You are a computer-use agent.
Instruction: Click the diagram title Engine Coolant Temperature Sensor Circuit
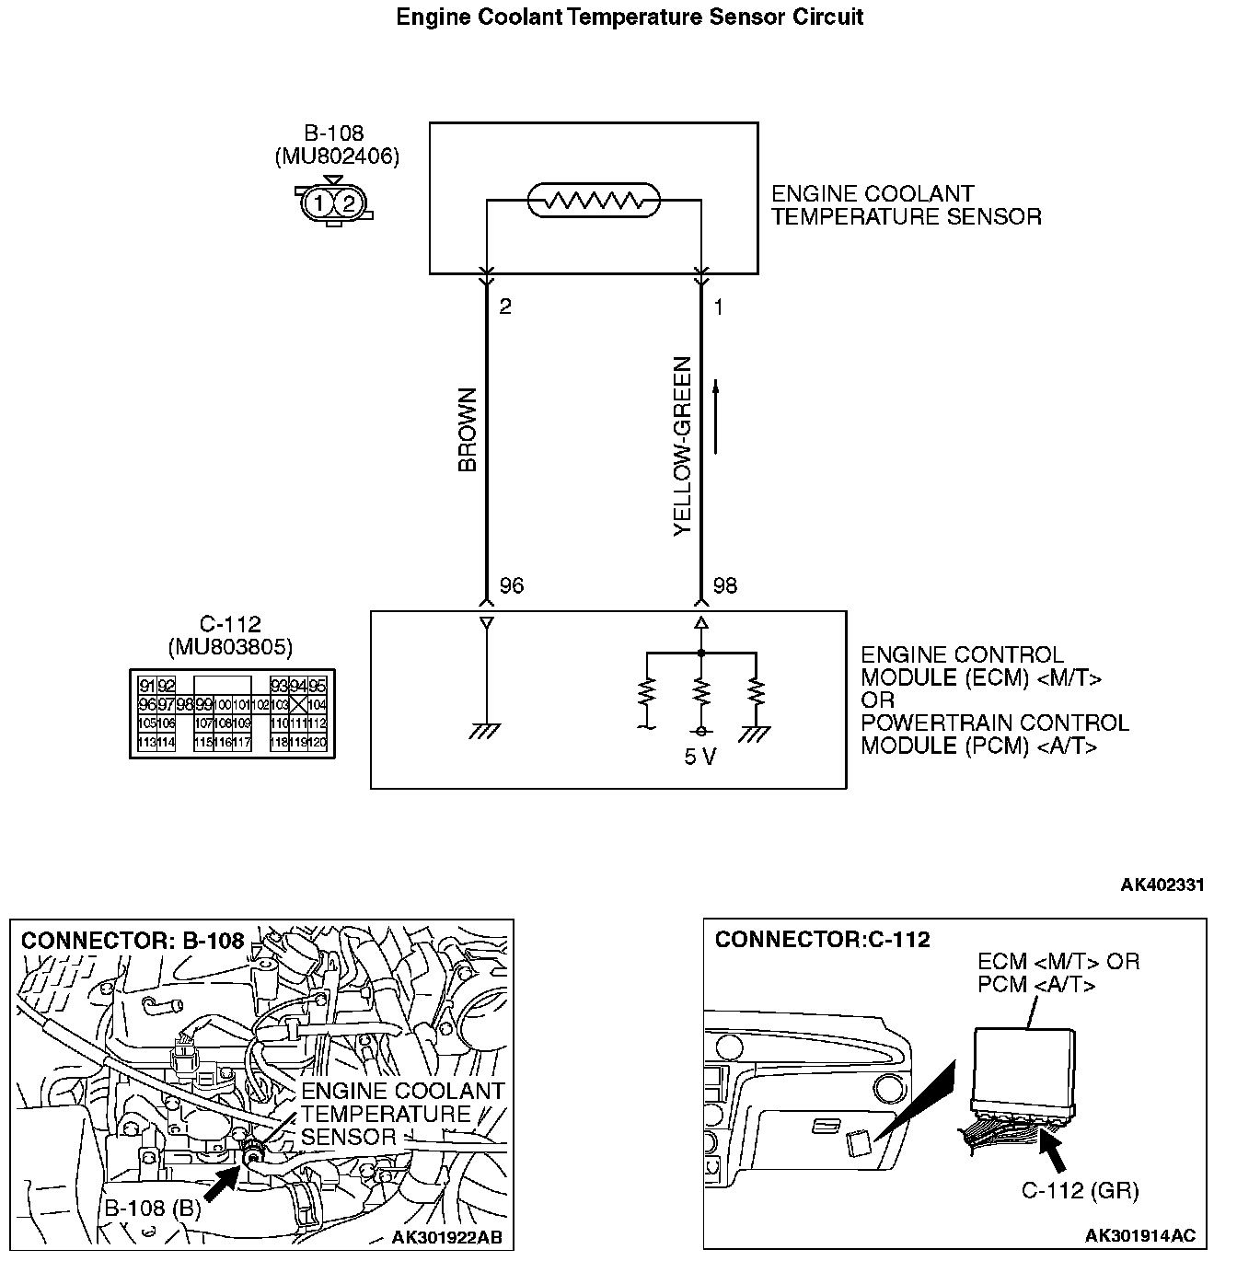630,17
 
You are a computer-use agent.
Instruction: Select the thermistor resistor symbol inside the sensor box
594,200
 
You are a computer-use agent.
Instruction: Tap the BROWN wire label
468,430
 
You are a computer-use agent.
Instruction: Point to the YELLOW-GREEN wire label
682,446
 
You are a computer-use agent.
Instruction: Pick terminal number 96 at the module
511,585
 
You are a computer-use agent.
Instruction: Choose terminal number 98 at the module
725,585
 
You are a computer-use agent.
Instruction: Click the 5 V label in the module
700,758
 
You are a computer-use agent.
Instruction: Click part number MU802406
337,156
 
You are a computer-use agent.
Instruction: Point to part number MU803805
230,648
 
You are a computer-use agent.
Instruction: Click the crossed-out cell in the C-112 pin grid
298,704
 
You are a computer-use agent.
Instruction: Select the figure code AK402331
1162,885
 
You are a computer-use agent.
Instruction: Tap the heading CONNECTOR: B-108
133,941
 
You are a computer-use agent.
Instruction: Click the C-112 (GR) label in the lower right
1081,1191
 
